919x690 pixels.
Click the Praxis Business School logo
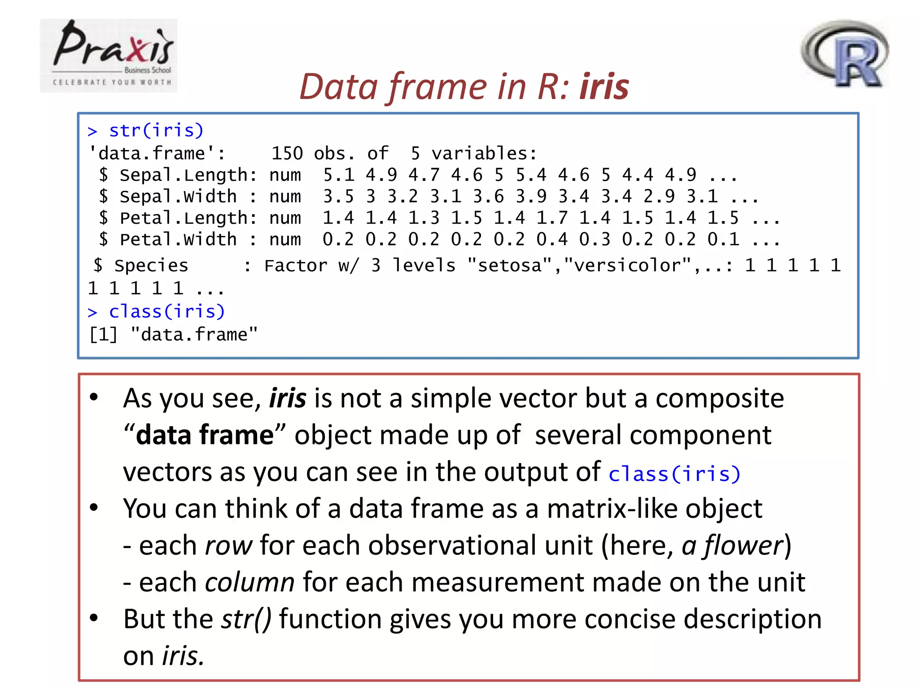click(x=109, y=55)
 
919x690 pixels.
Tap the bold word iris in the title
click(x=604, y=87)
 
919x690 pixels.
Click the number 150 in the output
click(x=287, y=154)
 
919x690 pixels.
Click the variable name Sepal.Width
click(x=178, y=197)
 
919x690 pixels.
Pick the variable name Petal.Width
click(x=178, y=240)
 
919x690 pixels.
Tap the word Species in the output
click(x=151, y=266)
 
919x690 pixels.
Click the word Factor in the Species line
click(x=296, y=266)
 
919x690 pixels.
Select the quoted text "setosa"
click(x=509, y=266)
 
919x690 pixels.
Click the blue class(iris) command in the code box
click(x=166, y=312)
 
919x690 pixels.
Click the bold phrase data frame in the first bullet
click(x=205, y=435)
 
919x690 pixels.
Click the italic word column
click(x=250, y=583)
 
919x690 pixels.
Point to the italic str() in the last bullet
click(x=246, y=619)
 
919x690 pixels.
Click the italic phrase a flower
click(x=732, y=546)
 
